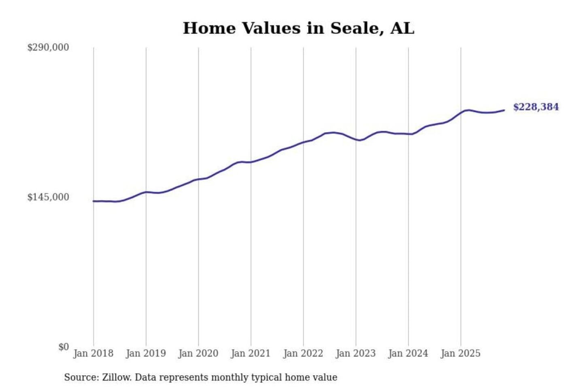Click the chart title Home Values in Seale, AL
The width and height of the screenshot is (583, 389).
point(298,28)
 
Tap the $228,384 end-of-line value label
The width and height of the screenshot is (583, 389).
point(536,107)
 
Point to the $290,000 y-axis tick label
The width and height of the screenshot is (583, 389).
point(48,47)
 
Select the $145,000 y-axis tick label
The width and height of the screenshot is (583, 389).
point(48,197)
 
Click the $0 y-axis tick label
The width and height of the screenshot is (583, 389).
point(63,347)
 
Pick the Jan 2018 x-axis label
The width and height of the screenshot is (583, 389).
point(93,353)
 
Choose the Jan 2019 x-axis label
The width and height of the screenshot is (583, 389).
point(146,353)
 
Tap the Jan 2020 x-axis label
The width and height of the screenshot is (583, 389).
point(198,353)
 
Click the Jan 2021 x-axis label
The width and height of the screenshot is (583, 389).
point(251,353)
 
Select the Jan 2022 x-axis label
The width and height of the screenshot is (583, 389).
point(303,353)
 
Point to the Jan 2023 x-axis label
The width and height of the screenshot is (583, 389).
point(355,353)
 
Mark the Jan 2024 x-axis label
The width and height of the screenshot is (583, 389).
point(408,353)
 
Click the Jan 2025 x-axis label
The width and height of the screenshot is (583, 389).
point(460,353)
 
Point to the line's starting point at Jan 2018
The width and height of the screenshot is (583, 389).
point(94,201)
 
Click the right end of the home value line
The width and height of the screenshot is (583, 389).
point(504,110)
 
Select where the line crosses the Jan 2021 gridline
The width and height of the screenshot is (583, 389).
point(251,162)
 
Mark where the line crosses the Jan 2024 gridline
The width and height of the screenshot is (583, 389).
point(408,134)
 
